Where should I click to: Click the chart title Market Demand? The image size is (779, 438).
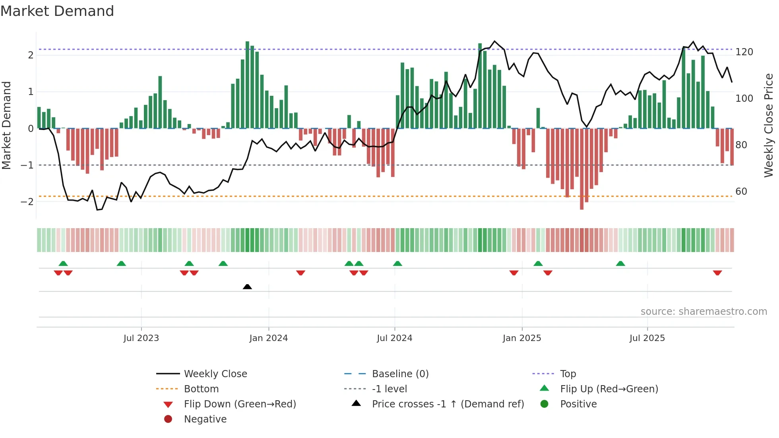(x=57, y=11)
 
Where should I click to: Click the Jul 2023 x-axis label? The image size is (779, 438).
(x=141, y=338)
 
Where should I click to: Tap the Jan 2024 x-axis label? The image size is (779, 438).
(x=268, y=338)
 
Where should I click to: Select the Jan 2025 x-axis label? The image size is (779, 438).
(x=521, y=338)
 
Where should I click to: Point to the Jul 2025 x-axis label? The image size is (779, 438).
(x=647, y=338)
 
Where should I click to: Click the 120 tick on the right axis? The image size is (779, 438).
(x=744, y=52)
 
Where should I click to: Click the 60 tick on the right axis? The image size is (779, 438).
(x=741, y=192)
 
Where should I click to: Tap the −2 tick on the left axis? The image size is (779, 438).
(x=27, y=202)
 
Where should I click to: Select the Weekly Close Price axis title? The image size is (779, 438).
(x=769, y=125)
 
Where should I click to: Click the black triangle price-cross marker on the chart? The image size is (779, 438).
(x=247, y=287)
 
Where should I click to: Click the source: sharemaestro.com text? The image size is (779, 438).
(x=703, y=312)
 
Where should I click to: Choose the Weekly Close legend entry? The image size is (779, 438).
(x=215, y=374)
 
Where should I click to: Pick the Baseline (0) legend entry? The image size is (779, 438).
(x=400, y=374)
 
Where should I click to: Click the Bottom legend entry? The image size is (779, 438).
(x=201, y=389)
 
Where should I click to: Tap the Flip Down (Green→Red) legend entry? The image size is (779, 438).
(x=240, y=404)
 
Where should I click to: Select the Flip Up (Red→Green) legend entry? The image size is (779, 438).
(x=609, y=389)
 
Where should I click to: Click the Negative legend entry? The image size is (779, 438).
(x=205, y=419)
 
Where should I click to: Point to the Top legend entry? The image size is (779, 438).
(x=568, y=374)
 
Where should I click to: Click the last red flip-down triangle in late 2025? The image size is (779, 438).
(x=717, y=273)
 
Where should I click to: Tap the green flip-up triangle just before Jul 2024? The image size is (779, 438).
(x=397, y=264)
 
